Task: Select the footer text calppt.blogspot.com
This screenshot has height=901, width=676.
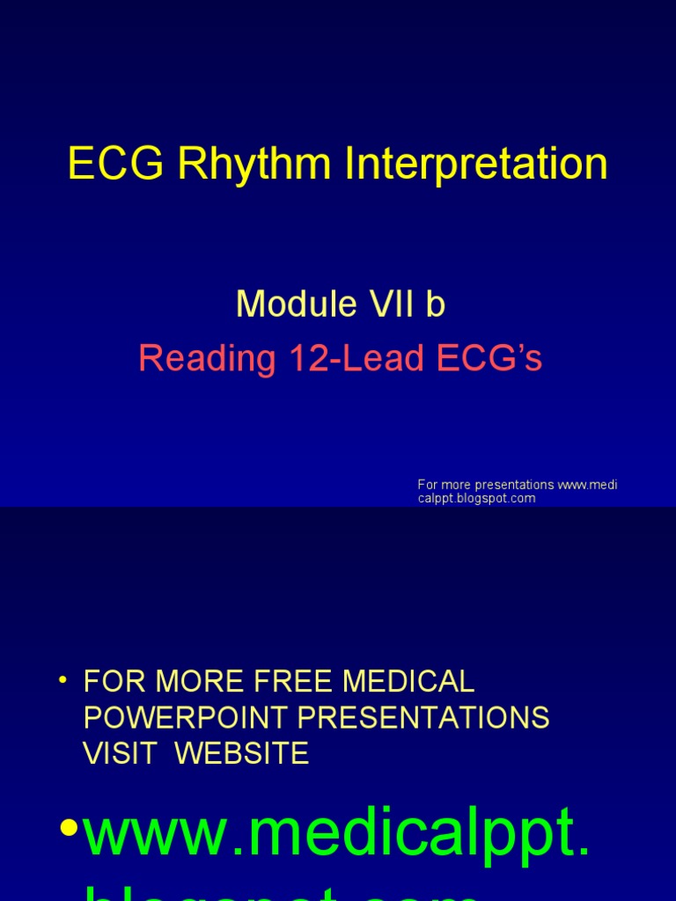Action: pyautogui.click(x=476, y=498)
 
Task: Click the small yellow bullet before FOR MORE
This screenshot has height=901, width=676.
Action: pyautogui.click(x=62, y=681)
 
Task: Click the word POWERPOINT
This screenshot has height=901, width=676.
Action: pyautogui.click(x=187, y=717)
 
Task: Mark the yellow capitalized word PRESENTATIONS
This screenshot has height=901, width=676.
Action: pyautogui.click(x=423, y=717)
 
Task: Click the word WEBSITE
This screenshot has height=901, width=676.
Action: pyautogui.click(x=242, y=753)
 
